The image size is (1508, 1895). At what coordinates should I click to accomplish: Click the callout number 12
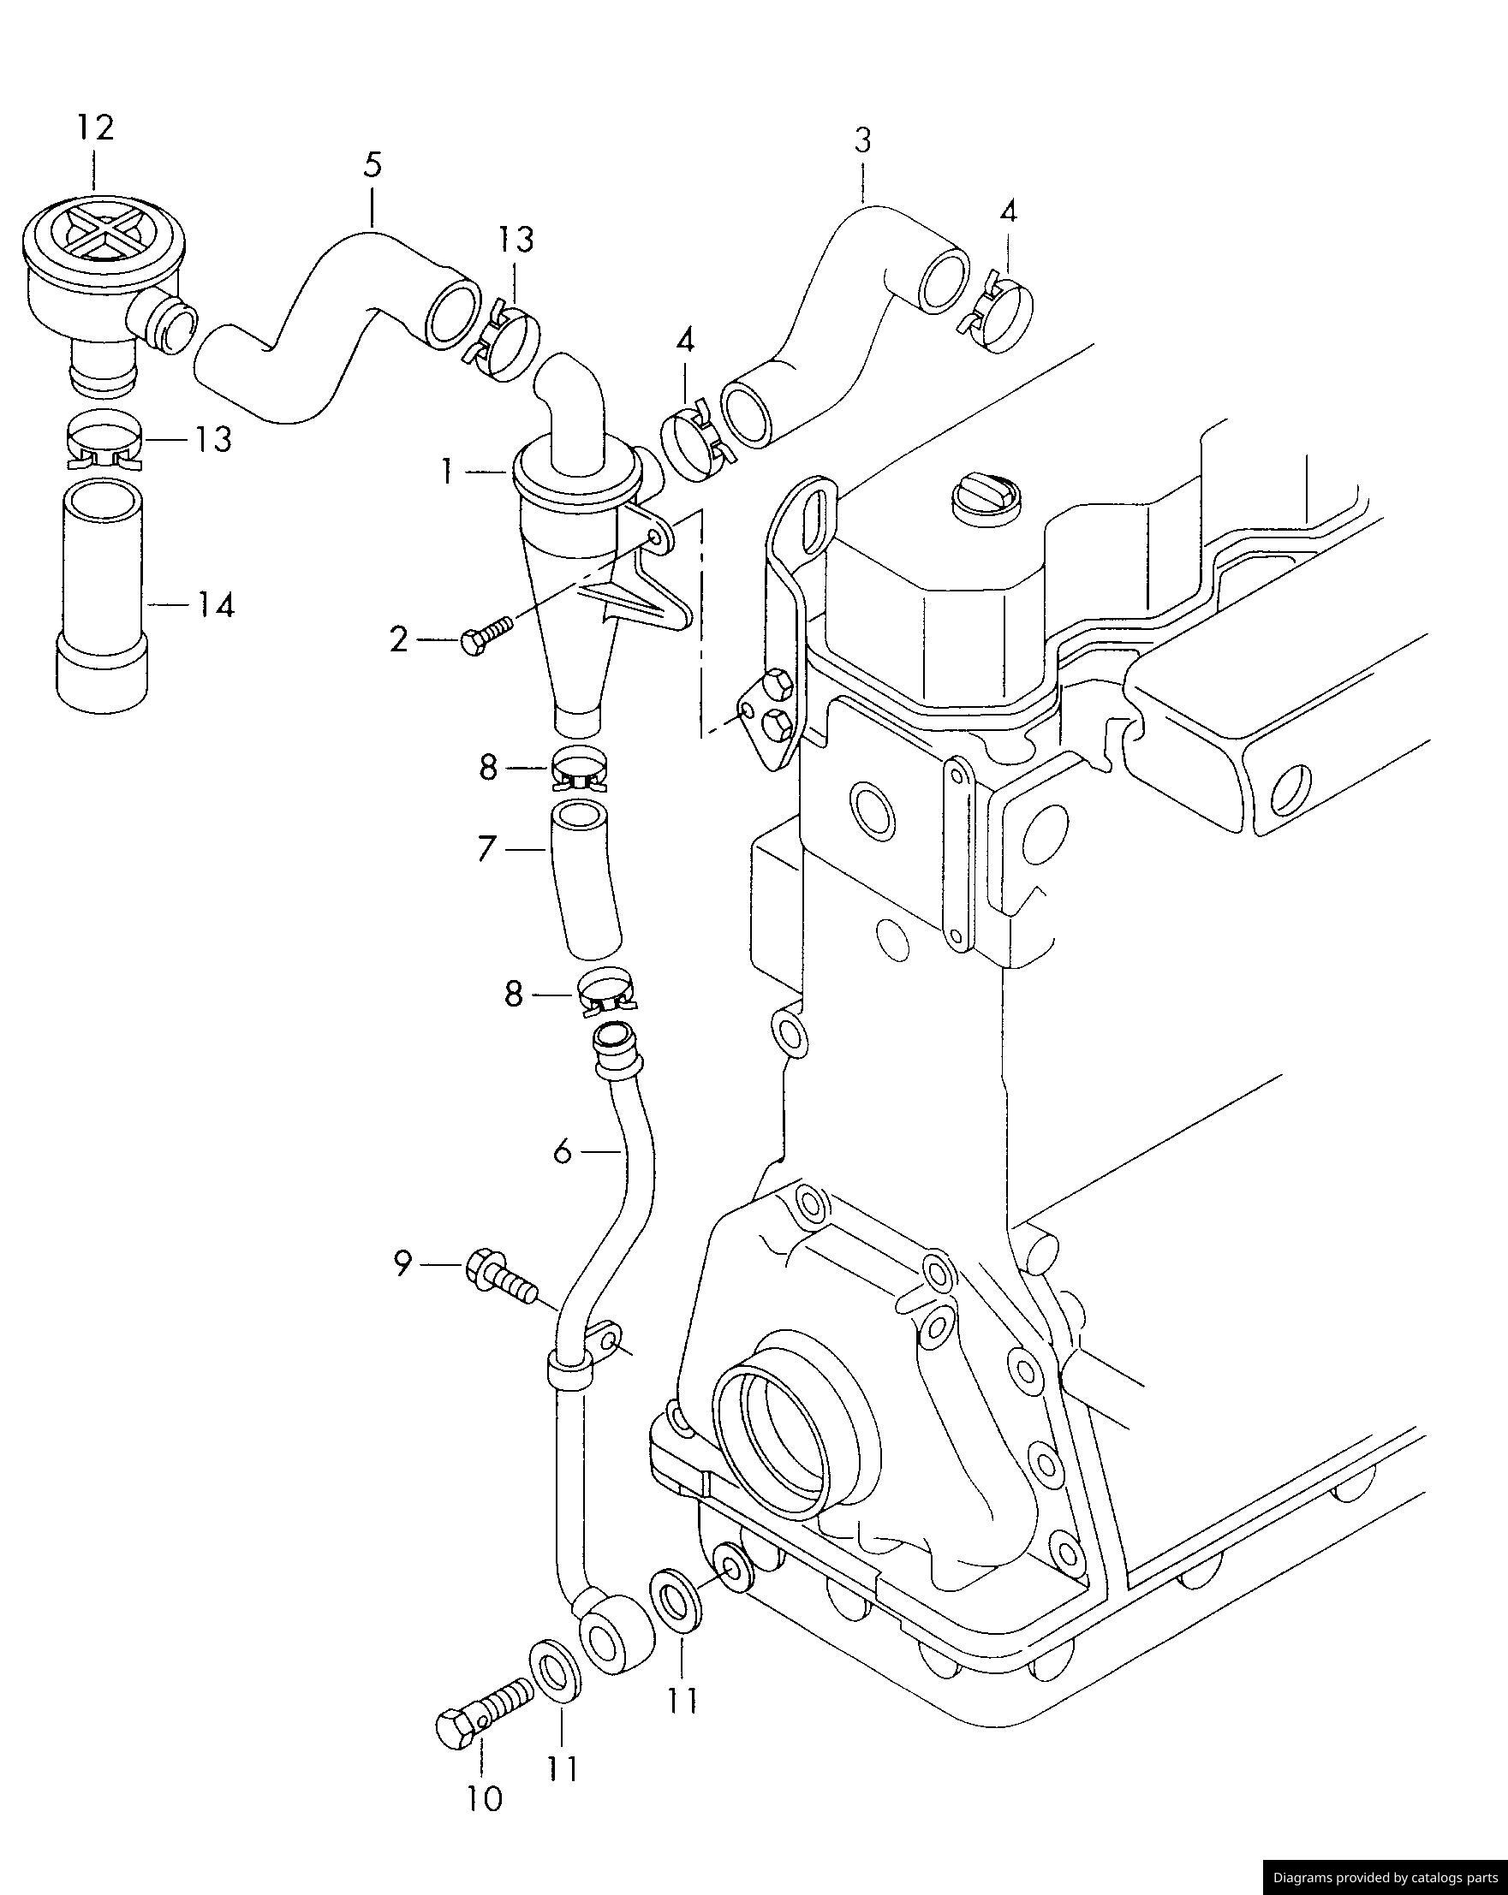tap(95, 128)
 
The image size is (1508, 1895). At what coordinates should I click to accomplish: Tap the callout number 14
tap(216, 606)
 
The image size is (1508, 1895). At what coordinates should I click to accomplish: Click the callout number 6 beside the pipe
tap(563, 1150)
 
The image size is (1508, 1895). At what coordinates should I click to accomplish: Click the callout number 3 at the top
tap(861, 140)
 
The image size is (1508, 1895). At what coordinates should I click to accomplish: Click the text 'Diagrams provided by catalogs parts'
tap(1385, 1877)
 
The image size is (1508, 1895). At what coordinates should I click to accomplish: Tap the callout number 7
tap(487, 850)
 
